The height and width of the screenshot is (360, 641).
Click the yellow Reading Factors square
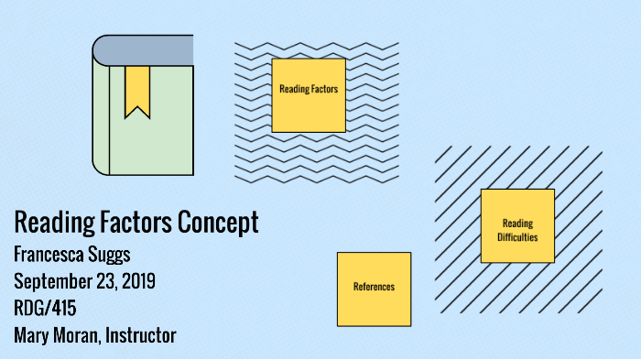pos(309,95)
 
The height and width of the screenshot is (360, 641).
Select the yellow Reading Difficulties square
pos(517,225)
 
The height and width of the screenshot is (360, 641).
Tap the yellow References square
pos(374,289)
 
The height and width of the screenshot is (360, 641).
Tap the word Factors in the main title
pos(129,223)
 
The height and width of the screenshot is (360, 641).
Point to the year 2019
pos(134,280)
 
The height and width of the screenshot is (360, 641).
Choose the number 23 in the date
pos(103,280)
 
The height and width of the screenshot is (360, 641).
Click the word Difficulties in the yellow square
pos(517,237)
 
